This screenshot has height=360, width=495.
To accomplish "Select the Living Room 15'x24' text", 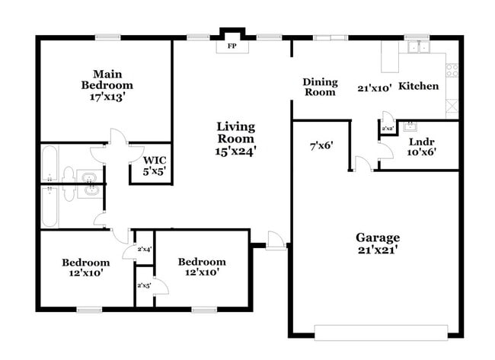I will point(235,139).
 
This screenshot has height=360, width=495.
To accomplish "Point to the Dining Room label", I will point(320,87).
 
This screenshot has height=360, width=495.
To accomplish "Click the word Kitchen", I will point(419,86).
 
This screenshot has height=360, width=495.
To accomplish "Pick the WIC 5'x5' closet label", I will point(150,166).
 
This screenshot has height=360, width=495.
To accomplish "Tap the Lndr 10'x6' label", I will point(421,146).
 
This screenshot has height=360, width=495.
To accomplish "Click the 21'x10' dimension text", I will point(374,88).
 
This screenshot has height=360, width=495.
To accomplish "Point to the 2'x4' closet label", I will point(144,249).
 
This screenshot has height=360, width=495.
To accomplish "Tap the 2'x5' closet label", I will point(143,285).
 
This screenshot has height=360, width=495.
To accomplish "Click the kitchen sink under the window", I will point(417,47).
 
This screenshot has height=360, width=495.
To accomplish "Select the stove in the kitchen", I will point(452,70).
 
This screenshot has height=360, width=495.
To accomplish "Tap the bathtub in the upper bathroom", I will point(49,161).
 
